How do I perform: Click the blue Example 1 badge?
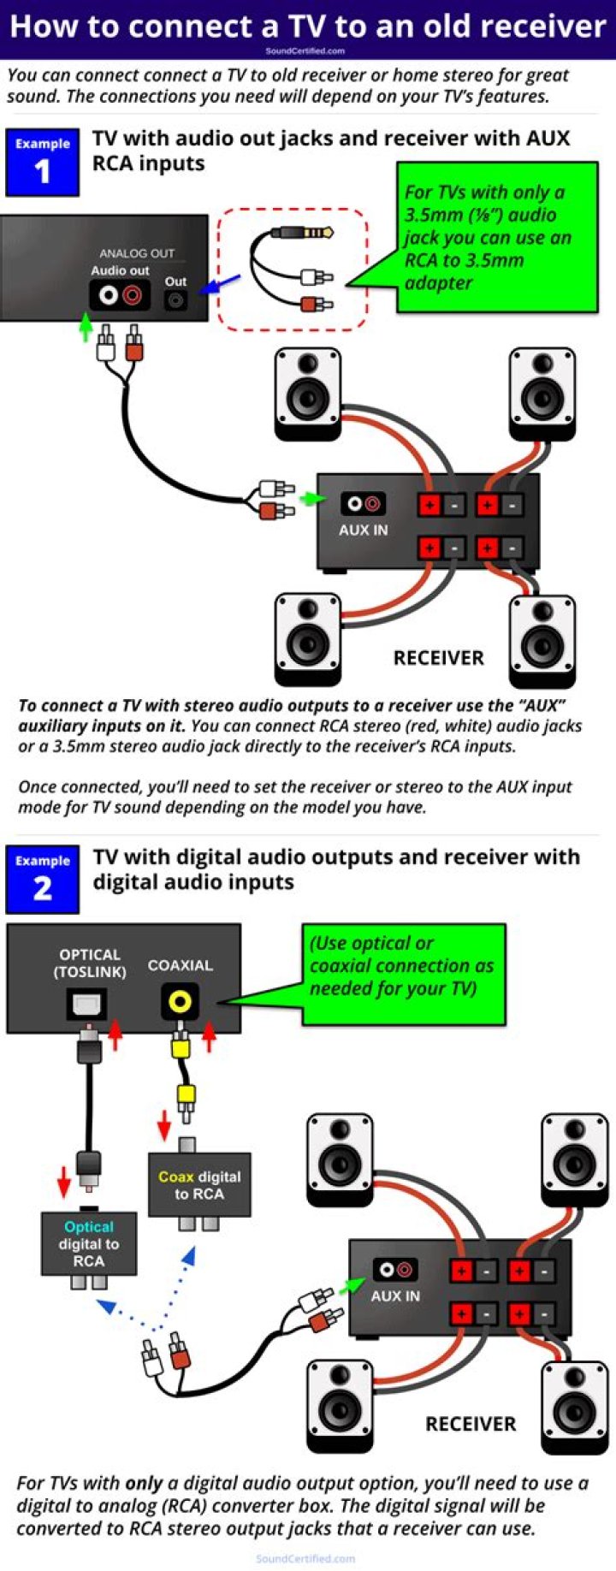[42, 162]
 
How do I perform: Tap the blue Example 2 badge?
[42, 879]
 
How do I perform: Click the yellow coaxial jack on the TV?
[180, 1000]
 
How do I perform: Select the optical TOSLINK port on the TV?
[86, 1004]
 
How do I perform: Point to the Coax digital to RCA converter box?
[199, 1185]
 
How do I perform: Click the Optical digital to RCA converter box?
[88, 1243]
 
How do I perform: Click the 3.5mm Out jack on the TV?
[175, 300]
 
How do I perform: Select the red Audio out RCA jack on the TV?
[133, 296]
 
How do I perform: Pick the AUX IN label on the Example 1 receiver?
[363, 530]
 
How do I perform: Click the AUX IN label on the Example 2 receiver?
[394, 1295]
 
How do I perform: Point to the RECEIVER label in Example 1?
[438, 657]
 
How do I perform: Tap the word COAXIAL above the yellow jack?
[180, 964]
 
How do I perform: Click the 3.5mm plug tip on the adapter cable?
[324, 233]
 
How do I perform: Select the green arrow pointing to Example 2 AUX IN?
[352, 1284]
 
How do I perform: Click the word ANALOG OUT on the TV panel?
[136, 253]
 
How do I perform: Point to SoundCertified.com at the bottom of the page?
[305, 1558]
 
